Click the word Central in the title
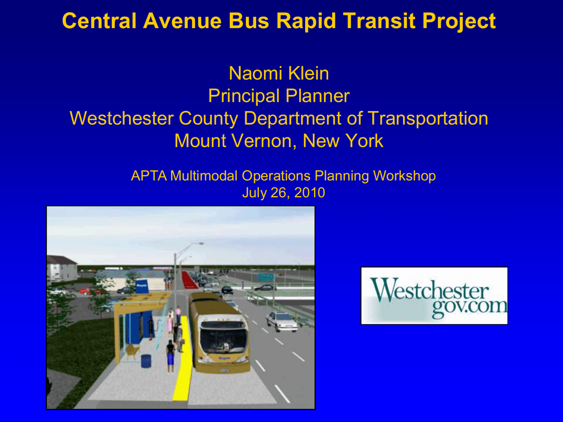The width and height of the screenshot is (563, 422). point(99,21)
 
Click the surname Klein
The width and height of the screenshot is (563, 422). point(308,73)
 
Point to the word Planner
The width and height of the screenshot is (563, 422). point(317,96)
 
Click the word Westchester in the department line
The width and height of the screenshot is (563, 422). point(122,119)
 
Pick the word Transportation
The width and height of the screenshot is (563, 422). point(428,119)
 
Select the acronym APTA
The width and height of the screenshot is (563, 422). point(148,176)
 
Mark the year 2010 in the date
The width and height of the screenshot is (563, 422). point(310,193)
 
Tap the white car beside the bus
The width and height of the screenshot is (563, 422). point(282,321)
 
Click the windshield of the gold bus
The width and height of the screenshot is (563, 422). point(223,340)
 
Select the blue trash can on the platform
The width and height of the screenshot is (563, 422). point(146,361)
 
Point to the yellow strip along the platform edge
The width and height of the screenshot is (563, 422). point(183,359)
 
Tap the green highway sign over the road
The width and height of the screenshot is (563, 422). point(266,277)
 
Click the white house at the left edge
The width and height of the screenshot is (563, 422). point(61,268)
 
